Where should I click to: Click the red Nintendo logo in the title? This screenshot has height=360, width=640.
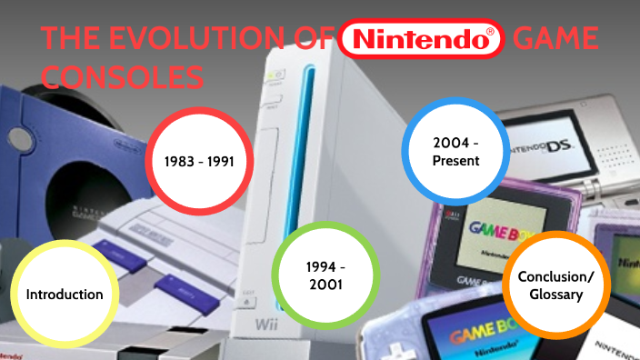pos(419,40)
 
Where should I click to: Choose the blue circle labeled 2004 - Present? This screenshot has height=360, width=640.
pos(455,149)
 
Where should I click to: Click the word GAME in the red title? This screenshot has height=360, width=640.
pos(555,41)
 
